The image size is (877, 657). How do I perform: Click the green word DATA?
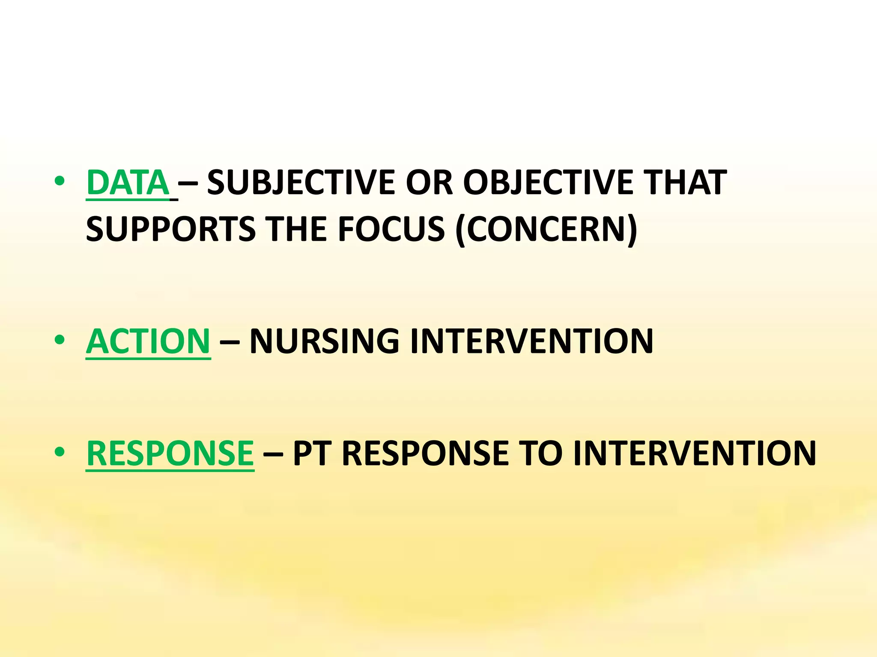[128, 183]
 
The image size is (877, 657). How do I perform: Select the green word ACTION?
[148, 341]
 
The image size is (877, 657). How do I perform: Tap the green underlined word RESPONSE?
[170, 453]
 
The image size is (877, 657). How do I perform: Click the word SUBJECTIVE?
[301, 183]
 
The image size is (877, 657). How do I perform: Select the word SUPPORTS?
[170, 229]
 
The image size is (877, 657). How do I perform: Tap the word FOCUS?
[391, 229]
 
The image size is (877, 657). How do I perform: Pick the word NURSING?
[324, 341]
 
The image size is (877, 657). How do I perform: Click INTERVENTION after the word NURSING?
[531, 341]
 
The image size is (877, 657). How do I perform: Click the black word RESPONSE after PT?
[425, 453]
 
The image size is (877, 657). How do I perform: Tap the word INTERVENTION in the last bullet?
[695, 453]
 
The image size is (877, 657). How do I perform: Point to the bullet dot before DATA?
[60, 181]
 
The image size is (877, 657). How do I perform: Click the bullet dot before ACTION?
[60, 340]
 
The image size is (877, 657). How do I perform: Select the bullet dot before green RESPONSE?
[60, 452]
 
